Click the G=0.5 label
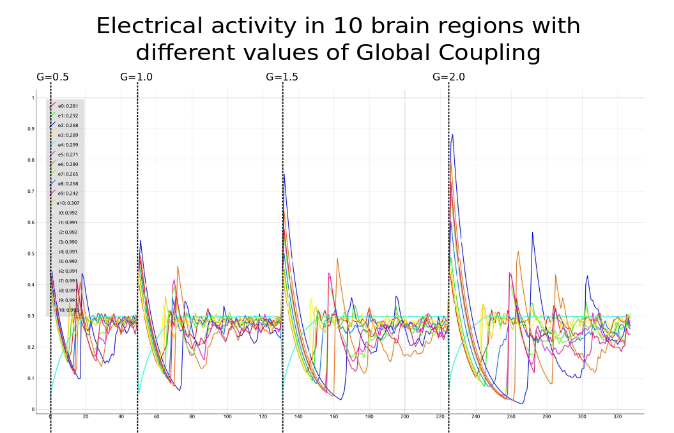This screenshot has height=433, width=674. [52, 77]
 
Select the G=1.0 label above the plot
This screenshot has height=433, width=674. [136, 77]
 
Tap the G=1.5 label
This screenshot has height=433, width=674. [282, 77]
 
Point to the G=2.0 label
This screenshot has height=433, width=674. [448, 77]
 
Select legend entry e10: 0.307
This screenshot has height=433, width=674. [68, 203]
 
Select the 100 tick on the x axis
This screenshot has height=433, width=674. [227, 417]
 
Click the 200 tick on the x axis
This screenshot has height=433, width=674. [404, 417]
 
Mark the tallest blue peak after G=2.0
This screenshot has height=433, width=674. [452, 135]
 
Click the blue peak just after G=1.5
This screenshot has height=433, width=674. [284, 174]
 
